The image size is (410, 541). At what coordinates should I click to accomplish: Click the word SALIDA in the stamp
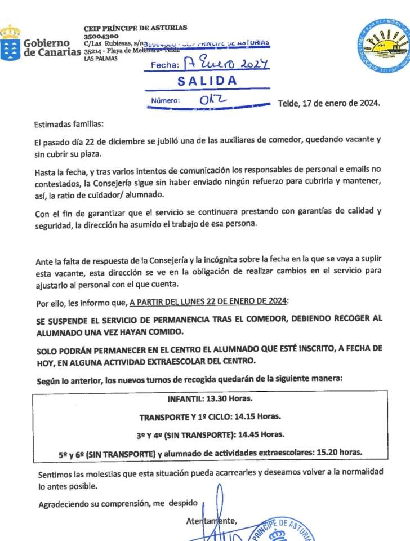207,81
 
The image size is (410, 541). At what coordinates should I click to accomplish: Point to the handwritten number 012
213,100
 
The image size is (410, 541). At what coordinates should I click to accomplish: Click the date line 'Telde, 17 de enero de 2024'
329,103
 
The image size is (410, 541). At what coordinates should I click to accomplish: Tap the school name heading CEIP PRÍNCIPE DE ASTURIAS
135,28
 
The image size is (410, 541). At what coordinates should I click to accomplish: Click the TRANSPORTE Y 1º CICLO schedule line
210,417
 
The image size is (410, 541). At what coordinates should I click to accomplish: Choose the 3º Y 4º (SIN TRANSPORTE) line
210,434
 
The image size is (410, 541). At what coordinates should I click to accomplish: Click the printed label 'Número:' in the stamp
165,101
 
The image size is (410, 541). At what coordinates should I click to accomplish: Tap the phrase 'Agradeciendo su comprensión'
93,503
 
